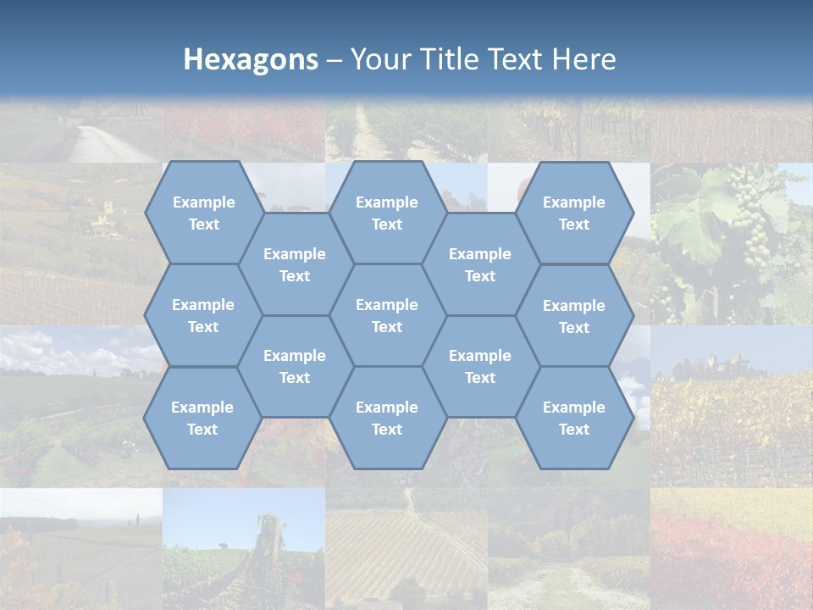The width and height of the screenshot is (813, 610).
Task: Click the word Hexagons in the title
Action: coord(251,59)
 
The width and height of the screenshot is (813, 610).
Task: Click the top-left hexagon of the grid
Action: coord(203,213)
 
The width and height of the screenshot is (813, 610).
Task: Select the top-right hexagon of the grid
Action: coord(574,213)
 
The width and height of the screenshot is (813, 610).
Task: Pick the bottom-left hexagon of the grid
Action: coord(202,418)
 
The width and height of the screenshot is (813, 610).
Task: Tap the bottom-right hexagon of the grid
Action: coord(574,418)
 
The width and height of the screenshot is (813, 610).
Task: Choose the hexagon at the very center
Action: coord(387,315)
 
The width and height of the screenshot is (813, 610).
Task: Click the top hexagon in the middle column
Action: coord(387,213)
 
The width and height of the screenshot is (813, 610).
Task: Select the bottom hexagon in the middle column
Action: coord(387,418)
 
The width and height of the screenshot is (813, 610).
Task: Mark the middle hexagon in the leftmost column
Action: coord(203,315)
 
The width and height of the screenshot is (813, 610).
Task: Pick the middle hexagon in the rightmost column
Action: coord(574,316)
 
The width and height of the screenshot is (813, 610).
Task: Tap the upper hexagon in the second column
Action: coord(295,264)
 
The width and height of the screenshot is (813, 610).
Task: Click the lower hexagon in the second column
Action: coord(295,366)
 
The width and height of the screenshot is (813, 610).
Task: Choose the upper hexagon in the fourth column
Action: coord(480,264)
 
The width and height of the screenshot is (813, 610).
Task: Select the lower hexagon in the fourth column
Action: coord(480,366)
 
